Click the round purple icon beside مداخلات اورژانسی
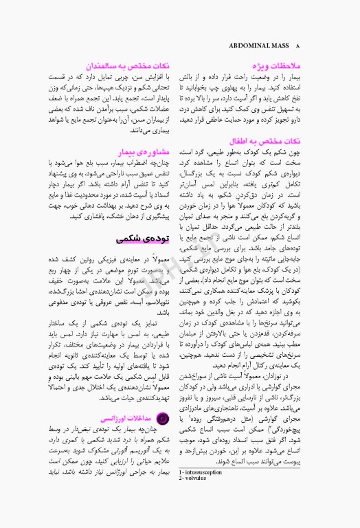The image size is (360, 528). pyautogui.click(x=163, y=417)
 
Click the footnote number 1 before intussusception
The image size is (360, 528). pyautogui.click(x=179, y=491)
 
